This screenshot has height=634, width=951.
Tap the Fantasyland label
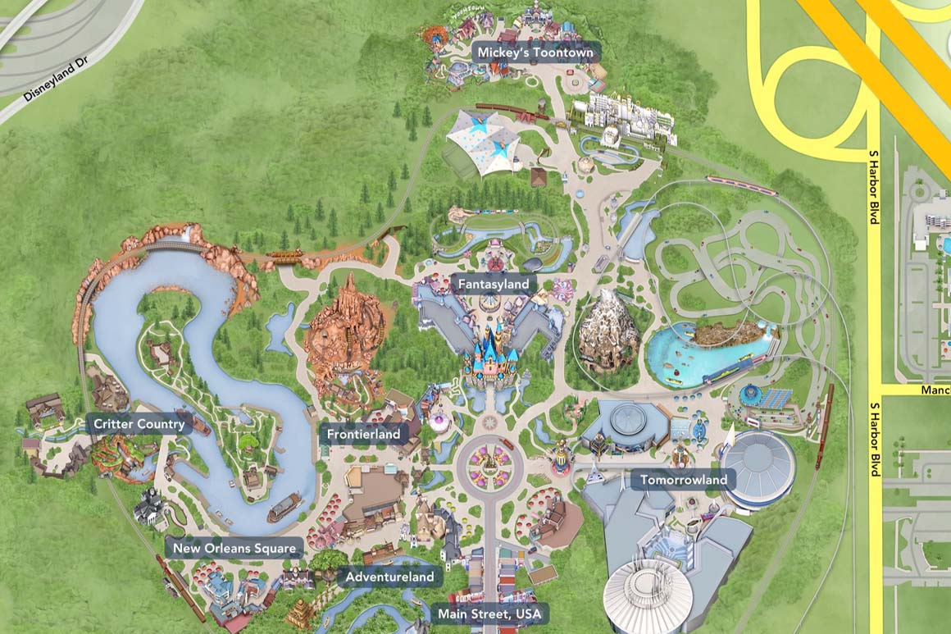(x=493, y=284)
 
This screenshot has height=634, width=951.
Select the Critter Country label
(x=139, y=425)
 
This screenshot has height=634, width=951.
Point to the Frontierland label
(x=363, y=434)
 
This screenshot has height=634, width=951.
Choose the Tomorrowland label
(x=683, y=480)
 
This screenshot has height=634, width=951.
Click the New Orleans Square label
(x=234, y=548)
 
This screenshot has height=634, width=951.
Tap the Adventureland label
(x=389, y=577)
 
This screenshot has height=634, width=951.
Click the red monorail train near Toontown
(x=741, y=185)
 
